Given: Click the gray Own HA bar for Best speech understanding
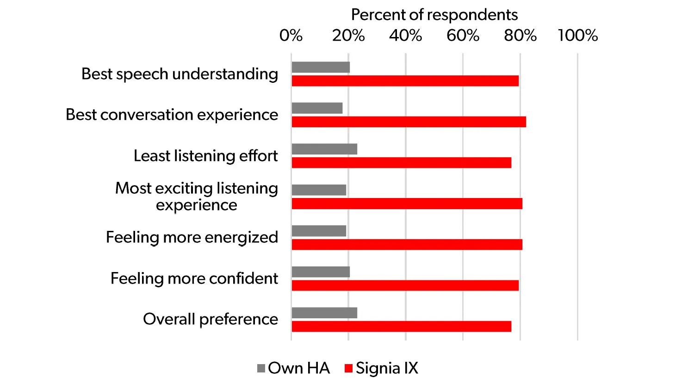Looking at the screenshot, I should [x=321, y=67].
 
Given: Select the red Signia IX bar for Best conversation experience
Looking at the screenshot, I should [x=409, y=122].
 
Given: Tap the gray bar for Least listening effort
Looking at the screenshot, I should [x=324, y=149].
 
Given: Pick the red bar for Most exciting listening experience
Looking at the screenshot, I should [x=407, y=204].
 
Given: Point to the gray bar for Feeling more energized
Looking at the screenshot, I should [x=319, y=231].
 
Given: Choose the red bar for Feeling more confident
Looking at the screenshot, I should [x=405, y=285].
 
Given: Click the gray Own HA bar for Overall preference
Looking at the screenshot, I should [x=324, y=313].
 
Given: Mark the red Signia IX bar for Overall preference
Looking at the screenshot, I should [x=401, y=326].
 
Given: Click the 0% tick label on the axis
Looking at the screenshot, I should [x=291, y=36].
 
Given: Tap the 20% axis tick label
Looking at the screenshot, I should [x=348, y=36].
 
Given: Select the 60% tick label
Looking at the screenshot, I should [x=463, y=36].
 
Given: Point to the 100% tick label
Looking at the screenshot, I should [x=578, y=36].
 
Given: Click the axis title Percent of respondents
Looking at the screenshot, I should [x=434, y=15].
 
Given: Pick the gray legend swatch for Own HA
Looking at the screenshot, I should [x=261, y=368].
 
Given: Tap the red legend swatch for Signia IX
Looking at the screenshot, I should [x=349, y=368].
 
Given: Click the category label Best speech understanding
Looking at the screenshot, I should [x=180, y=74].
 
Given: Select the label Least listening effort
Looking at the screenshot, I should [x=206, y=156].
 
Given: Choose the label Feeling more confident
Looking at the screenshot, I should [x=194, y=279].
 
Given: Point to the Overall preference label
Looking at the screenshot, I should [x=211, y=319].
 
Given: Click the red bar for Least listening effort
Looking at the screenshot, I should [x=401, y=162].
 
